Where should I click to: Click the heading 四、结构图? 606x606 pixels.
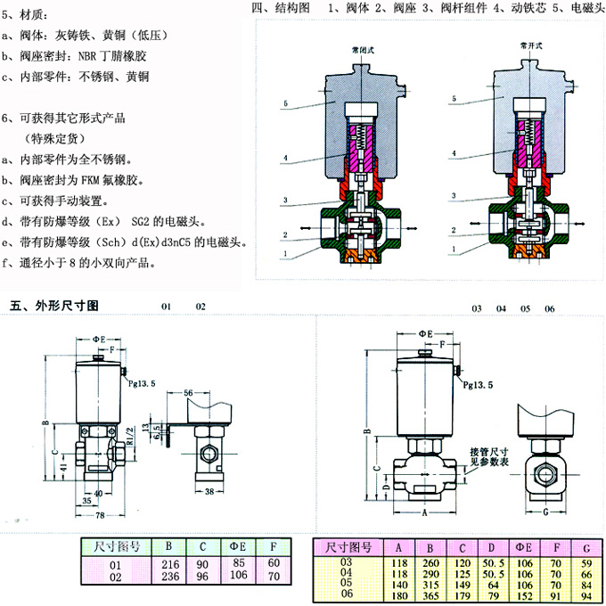point(281,8)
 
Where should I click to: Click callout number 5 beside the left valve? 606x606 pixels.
point(285,104)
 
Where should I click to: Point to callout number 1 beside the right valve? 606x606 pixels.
point(453,249)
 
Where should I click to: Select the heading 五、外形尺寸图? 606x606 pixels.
point(53,306)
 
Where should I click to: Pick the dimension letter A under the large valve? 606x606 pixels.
point(424,513)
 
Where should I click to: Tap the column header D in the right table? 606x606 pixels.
point(489,546)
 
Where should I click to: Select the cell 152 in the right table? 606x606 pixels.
point(523,593)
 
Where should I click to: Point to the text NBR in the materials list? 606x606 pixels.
point(93,55)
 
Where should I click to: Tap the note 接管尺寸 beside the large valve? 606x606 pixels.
point(488,452)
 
